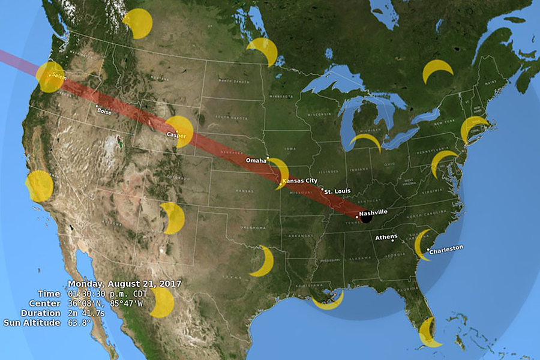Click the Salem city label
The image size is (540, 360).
coord(58,76)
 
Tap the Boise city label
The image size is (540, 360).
coord(104,112)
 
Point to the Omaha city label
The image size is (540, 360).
coord(256,161)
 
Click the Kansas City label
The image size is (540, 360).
coord(300,181)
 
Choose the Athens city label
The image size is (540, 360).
coord(386,237)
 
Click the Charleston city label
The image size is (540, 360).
coord(447,247)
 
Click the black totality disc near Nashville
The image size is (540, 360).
coord(365,218)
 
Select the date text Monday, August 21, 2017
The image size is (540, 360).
coord(125,284)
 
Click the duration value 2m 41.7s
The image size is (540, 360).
coord(89,313)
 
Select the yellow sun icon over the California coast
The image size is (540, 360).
coord(40,185)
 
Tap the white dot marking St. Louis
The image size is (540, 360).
coord(323,190)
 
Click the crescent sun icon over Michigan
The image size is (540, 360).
coord(365,141)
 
